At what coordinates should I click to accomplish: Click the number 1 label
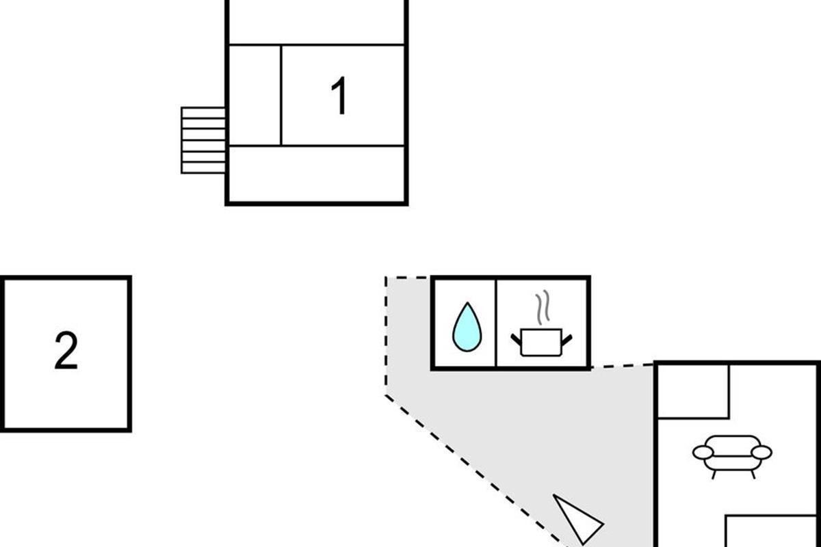coord(340,95)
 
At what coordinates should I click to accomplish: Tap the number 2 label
coord(66,350)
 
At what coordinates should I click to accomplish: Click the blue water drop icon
coord(467,326)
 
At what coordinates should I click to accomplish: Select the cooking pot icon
coord(541,342)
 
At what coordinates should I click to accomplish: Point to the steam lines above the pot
coord(543,307)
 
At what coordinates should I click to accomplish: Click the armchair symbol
coord(732,456)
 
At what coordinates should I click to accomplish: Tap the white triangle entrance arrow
coord(577,518)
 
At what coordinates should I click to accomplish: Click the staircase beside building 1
coord(203,140)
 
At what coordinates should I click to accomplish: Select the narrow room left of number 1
coord(255,95)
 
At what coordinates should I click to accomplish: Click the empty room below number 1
coord(317,174)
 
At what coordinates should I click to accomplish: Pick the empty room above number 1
coord(317,21)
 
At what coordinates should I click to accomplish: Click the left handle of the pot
coord(516,339)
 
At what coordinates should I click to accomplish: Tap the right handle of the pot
coord(566,340)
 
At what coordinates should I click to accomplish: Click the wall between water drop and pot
coord(496,323)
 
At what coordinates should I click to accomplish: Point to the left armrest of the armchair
coord(703,453)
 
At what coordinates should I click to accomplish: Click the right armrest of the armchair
coord(761,453)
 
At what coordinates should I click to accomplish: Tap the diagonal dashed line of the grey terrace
coord(476,471)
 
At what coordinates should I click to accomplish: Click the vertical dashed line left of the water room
coord(386,335)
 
